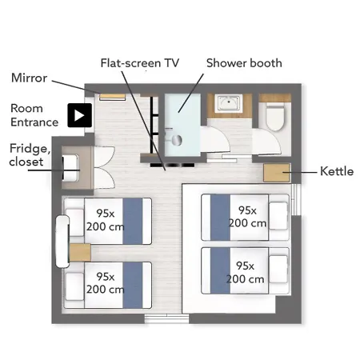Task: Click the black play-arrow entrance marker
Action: point(80,115)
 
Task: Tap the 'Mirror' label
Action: point(29,78)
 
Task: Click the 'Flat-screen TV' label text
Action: point(140,63)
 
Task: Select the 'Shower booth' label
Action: point(244,63)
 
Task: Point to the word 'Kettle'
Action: point(337,171)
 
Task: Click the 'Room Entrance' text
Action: point(34,115)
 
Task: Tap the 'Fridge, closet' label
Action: point(30,155)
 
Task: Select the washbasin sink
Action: point(229,103)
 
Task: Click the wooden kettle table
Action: point(277,173)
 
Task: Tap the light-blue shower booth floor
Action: point(182,125)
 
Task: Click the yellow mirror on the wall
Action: point(112,96)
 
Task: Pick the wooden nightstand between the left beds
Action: point(80,252)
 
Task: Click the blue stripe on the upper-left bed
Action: point(133,221)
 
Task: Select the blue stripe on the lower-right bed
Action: point(220,270)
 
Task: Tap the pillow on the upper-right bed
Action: point(278,216)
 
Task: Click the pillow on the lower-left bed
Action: point(74,286)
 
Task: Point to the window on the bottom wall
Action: point(166,319)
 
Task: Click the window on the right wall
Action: point(296,199)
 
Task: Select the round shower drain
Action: point(176,140)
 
